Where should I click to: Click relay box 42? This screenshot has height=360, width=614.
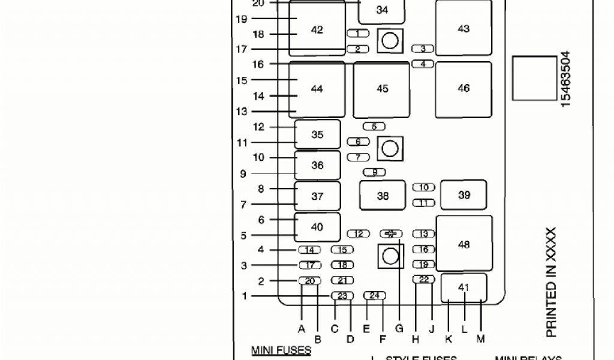(317, 29)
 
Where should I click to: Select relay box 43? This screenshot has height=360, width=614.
(463, 28)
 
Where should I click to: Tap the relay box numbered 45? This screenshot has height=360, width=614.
(382, 89)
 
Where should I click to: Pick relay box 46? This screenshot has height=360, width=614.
(463, 88)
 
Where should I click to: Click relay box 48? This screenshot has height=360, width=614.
(463, 244)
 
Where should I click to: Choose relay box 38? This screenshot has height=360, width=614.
(383, 195)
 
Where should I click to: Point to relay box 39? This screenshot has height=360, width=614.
(463, 195)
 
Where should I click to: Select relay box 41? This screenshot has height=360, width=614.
(463, 287)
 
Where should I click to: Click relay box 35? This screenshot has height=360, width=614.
(317, 134)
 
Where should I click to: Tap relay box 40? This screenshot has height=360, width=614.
(317, 227)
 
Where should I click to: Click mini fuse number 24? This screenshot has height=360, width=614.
(375, 295)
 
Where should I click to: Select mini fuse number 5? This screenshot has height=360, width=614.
(374, 127)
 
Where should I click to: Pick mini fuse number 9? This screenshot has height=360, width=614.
(375, 172)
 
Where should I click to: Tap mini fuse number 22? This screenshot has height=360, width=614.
(423, 280)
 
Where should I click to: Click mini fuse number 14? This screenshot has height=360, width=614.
(309, 250)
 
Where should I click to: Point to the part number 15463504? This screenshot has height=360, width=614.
(565, 79)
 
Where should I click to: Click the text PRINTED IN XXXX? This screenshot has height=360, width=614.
(552, 282)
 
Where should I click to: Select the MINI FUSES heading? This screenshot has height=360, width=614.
(281, 350)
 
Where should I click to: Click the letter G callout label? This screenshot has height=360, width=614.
(399, 328)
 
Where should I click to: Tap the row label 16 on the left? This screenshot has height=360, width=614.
(258, 64)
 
